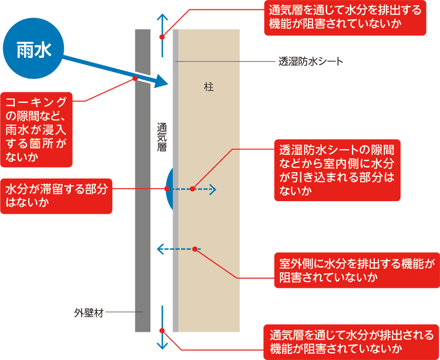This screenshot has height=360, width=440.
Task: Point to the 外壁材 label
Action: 88,312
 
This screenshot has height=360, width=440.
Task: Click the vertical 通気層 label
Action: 162,137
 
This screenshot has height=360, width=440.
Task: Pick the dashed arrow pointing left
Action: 176,250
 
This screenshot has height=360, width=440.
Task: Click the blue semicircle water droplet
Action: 169,189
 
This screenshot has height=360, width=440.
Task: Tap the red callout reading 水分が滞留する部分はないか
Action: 57,195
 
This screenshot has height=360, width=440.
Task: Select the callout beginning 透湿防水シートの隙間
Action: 337,170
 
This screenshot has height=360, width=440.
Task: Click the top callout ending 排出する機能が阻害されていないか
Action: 345,19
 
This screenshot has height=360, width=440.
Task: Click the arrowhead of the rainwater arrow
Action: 160,82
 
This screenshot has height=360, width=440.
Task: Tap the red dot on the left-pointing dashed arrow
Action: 195,249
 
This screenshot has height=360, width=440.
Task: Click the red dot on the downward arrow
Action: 162,330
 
